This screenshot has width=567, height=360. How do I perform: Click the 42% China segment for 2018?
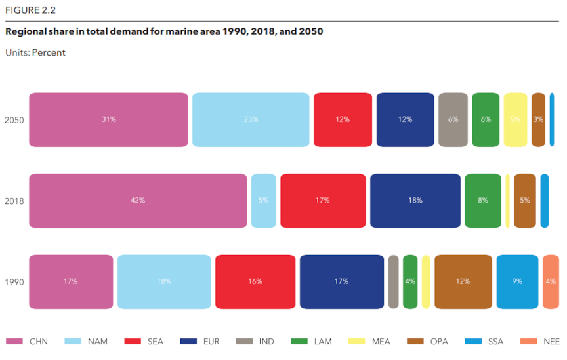click(138, 201)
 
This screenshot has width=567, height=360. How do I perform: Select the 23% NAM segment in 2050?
click(251, 119)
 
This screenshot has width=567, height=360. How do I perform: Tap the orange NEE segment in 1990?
click(551, 281)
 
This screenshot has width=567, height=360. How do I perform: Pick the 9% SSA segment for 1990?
click(517, 281)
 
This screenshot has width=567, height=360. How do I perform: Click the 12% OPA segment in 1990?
click(463, 281)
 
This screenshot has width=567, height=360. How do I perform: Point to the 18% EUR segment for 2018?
click(415, 201)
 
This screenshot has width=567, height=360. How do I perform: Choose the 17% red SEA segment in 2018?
click(322, 201)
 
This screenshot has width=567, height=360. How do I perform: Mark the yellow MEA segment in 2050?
click(515, 119)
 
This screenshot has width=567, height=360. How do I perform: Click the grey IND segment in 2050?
click(453, 119)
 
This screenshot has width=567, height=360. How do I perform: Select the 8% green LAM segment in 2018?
click(483, 201)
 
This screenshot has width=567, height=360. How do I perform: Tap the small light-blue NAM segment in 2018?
click(263, 201)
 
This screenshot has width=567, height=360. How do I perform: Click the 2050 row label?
click(14, 120)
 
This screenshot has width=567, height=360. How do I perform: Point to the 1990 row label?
click(14, 282)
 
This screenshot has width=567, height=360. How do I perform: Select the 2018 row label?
click(14, 201)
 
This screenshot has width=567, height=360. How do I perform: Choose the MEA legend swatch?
click(360, 342)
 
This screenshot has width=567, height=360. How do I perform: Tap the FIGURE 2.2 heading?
click(30, 10)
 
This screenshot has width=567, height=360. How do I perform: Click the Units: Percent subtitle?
click(35, 52)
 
